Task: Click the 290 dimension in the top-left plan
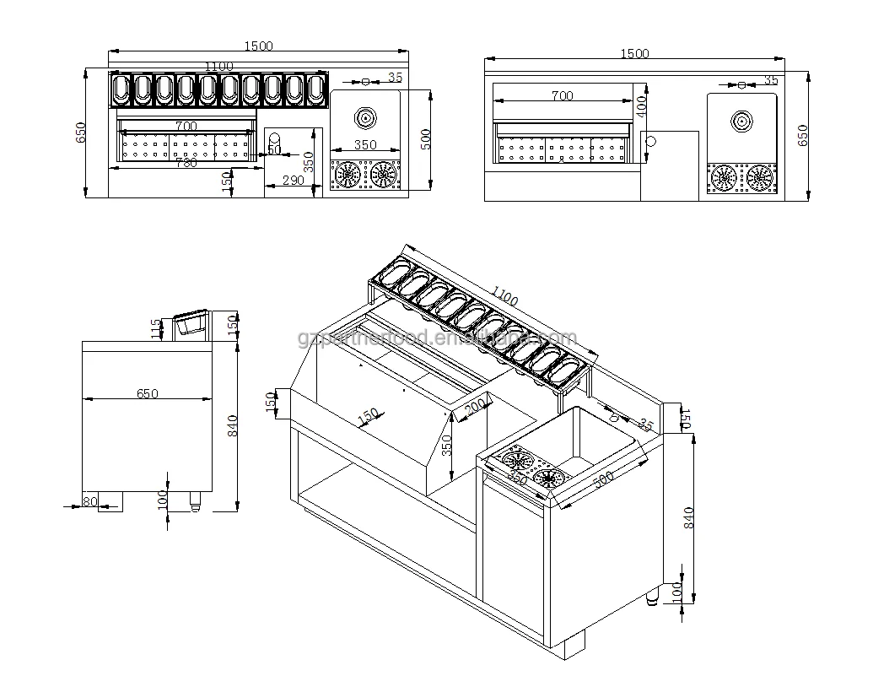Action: pyautogui.click(x=292, y=181)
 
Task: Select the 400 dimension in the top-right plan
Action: pyautogui.click(x=641, y=105)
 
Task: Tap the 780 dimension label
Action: pyautogui.click(x=186, y=163)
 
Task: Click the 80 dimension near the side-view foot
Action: pyautogui.click(x=89, y=501)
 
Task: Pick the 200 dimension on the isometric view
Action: pyautogui.click(x=475, y=407)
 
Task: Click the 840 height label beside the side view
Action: pyautogui.click(x=234, y=425)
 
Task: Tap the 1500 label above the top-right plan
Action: pyautogui.click(x=634, y=53)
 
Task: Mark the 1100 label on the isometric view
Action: pyautogui.click(x=504, y=298)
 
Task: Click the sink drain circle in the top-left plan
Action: pyautogui.click(x=366, y=116)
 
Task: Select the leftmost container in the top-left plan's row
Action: pyautogui.click(x=121, y=89)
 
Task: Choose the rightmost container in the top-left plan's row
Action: pyautogui.click(x=315, y=89)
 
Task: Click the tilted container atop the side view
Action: pyautogui.click(x=190, y=324)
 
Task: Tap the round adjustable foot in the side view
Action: pyautogui.click(x=196, y=501)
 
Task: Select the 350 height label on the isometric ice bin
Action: pyautogui.click(x=448, y=445)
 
